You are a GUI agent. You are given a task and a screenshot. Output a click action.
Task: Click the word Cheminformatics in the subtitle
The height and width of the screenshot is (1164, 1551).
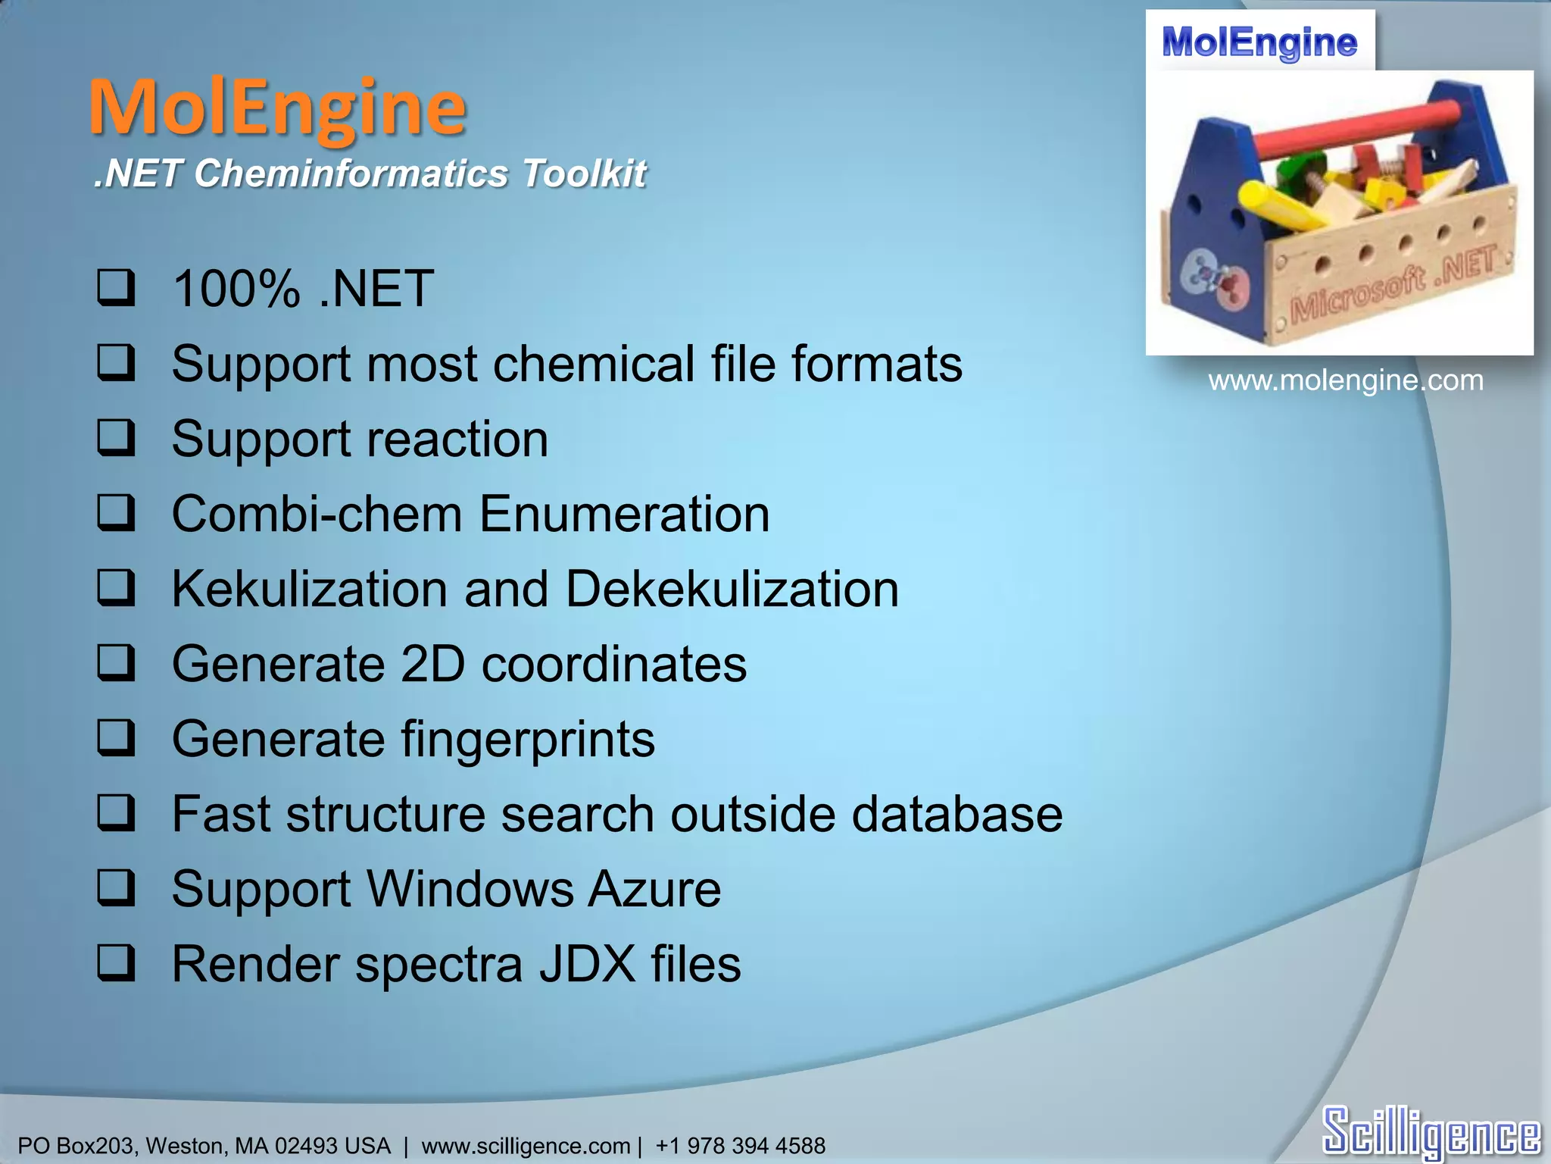pyautogui.click(x=351, y=174)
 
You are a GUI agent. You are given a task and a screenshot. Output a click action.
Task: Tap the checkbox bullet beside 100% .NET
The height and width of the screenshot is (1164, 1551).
pyautogui.click(x=116, y=288)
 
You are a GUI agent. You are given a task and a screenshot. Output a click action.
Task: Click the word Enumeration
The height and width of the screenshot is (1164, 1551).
pyautogui.click(x=624, y=514)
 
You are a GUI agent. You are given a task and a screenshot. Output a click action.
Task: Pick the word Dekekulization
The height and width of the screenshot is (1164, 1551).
pyautogui.click(x=732, y=589)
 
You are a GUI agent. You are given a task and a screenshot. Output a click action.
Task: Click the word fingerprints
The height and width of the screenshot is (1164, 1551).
pyautogui.click(x=528, y=739)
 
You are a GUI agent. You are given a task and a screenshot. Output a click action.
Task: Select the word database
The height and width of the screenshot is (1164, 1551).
pyautogui.click(x=957, y=814)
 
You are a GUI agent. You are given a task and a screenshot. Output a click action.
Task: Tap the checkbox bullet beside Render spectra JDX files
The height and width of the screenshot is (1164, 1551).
pyautogui.click(x=116, y=963)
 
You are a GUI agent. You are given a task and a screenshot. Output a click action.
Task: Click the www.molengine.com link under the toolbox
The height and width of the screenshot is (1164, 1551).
pyautogui.click(x=1345, y=380)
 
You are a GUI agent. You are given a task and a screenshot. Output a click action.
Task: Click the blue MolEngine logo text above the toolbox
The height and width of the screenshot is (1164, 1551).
pyautogui.click(x=1259, y=42)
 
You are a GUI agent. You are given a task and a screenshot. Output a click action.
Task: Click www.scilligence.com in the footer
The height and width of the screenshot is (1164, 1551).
pyautogui.click(x=526, y=1145)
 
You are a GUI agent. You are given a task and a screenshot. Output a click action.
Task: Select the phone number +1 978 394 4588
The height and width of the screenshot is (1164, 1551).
pyautogui.click(x=740, y=1145)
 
